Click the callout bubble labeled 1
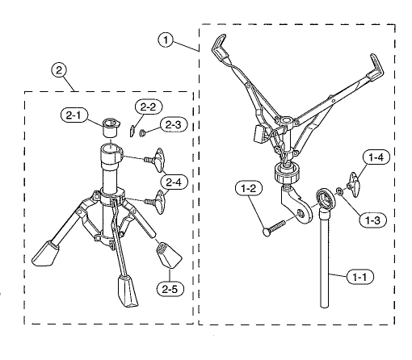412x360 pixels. (x=166, y=40)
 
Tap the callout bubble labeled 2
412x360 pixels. (x=59, y=70)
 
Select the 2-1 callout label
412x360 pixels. (x=74, y=115)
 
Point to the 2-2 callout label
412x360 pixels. (x=149, y=107)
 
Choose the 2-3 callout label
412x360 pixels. (x=174, y=125)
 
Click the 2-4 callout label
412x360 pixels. (x=174, y=182)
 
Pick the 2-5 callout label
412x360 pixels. (x=170, y=289)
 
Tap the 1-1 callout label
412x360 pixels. (x=360, y=277)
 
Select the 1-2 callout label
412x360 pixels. (x=249, y=188)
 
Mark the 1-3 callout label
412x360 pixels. (x=373, y=220)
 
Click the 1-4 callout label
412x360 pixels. (x=376, y=157)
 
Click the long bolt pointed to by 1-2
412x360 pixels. (x=274, y=228)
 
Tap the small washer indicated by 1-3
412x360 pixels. (x=339, y=191)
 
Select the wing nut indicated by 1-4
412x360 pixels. (x=355, y=185)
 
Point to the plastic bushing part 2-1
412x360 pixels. (x=111, y=128)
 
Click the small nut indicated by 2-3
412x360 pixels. (x=142, y=132)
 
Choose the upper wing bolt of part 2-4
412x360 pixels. (x=155, y=160)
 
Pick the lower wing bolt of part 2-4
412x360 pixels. (x=156, y=202)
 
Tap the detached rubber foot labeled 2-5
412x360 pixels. (x=169, y=255)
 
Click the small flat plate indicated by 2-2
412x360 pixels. (x=132, y=131)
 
